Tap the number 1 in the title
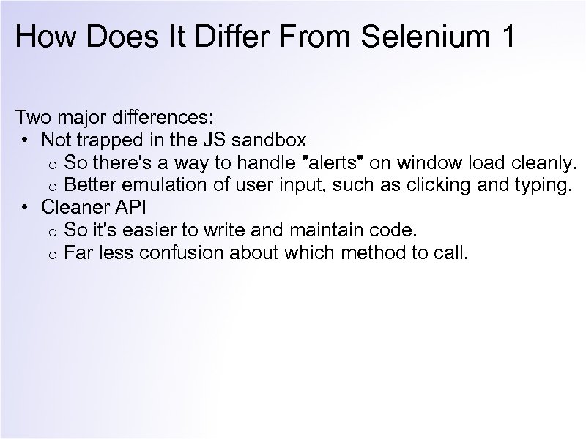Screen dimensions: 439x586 (506, 37)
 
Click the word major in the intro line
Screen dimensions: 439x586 (86, 116)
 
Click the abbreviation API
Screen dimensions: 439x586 (130, 208)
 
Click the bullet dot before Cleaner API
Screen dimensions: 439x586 (25, 208)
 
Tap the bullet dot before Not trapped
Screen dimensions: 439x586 (25, 139)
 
